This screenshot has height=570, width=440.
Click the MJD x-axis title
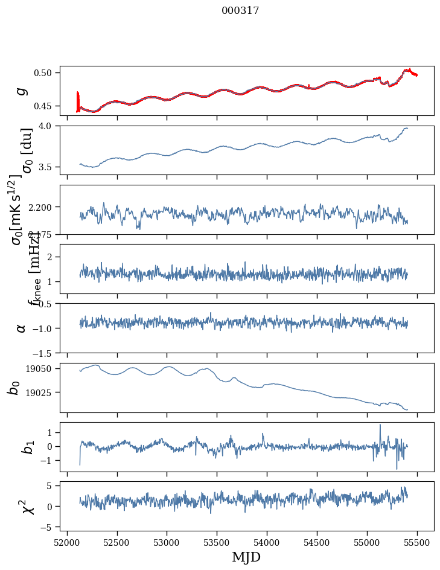click(246, 557)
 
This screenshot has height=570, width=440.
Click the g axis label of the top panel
click(21, 91)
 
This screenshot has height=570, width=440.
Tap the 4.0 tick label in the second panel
click(49, 126)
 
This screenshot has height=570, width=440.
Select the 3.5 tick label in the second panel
click(49, 167)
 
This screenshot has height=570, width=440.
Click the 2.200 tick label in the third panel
click(43, 207)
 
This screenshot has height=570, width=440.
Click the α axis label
click(21, 328)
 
